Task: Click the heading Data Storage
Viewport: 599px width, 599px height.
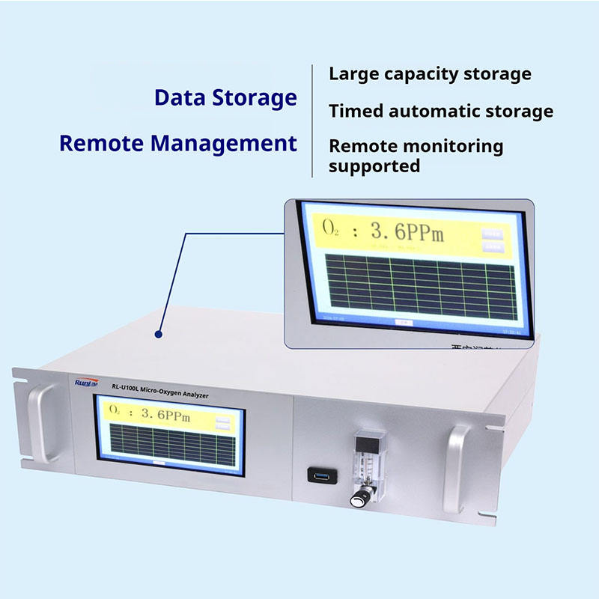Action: [225, 97]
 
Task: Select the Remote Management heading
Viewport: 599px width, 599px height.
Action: [178, 143]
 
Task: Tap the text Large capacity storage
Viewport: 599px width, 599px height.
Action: [430, 74]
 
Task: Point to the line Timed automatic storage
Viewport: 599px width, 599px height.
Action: [441, 112]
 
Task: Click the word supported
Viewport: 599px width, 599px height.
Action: [374, 165]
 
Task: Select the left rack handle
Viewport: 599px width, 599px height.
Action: [39, 423]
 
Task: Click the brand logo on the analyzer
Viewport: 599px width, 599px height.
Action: [84, 383]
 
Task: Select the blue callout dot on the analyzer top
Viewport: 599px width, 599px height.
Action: [158, 335]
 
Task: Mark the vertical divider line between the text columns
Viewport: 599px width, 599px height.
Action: [312, 120]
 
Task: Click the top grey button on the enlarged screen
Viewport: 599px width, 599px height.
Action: [492, 232]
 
